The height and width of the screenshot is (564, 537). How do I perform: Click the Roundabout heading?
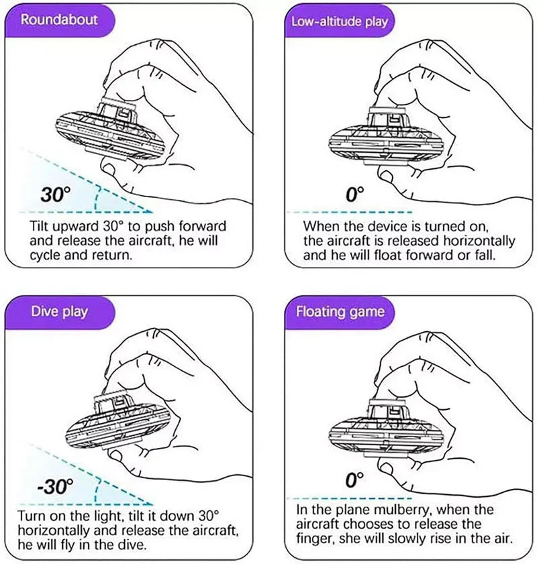[59, 19]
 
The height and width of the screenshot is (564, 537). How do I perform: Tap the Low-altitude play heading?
[340, 21]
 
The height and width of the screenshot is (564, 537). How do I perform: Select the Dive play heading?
[59, 311]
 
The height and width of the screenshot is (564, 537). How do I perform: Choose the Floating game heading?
[340, 311]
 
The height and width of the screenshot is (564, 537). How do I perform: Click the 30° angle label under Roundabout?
[55, 194]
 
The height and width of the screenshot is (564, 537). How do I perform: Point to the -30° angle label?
[56, 486]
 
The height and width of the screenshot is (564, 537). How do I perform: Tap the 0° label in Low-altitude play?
[354, 194]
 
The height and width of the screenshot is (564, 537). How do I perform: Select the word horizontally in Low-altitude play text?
[479, 241]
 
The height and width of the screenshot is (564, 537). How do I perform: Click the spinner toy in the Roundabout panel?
[111, 129]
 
